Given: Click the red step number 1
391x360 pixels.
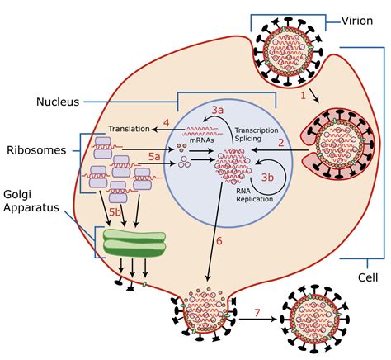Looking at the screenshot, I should [303, 96].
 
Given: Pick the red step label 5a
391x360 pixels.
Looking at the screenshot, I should [153, 155].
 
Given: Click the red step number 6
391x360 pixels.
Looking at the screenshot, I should [219, 241].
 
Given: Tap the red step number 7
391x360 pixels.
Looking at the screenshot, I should [258, 312].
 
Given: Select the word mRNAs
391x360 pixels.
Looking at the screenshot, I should [200, 138].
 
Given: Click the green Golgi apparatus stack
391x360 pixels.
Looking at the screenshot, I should [134, 241].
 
